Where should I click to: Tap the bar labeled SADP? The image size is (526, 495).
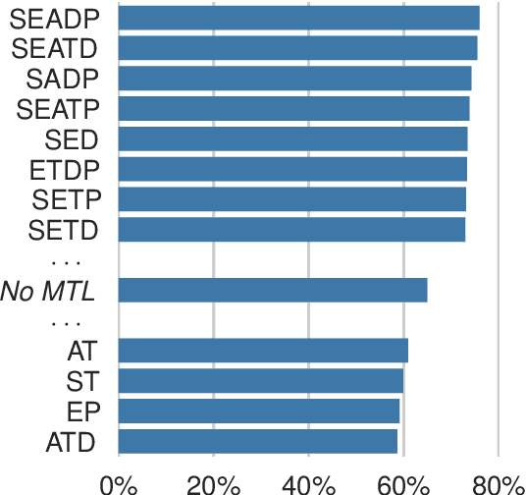[x=294, y=79]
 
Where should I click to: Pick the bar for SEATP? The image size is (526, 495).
[x=293, y=109]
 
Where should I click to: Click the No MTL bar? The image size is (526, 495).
[x=273, y=291]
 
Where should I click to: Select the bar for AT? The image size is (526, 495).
[x=263, y=351]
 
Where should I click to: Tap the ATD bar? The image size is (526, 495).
[x=258, y=442]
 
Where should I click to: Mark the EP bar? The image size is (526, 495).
[x=259, y=412]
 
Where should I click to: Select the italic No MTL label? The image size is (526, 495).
[x=49, y=291]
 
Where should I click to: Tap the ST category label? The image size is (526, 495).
[x=80, y=381]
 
